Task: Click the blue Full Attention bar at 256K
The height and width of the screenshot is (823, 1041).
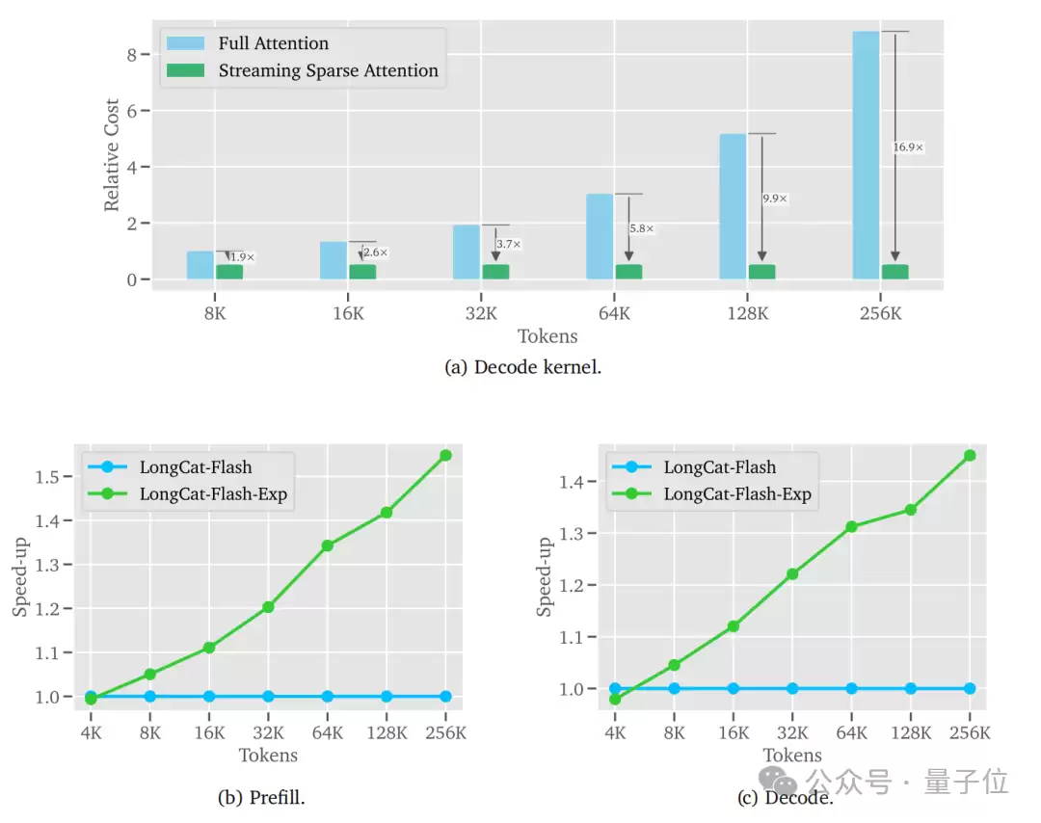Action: coord(866,155)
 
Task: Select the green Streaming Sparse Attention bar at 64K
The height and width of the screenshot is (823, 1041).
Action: coord(628,272)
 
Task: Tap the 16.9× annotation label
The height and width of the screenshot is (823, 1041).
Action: coord(908,147)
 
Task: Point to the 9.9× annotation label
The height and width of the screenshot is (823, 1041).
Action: coord(775,199)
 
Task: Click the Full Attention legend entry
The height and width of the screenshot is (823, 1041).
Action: coord(273,43)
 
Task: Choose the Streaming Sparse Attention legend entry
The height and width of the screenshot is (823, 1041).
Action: coord(328,70)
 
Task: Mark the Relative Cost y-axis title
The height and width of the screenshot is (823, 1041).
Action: coord(113,155)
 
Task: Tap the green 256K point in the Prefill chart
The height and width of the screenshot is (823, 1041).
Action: coord(445,456)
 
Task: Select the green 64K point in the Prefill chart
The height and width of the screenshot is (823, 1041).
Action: coord(327,545)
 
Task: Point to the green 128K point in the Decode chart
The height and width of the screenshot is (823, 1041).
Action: coord(910,510)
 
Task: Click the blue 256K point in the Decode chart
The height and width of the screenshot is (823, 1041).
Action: coord(970,688)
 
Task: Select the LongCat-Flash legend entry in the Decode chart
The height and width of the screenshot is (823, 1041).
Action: coord(719,467)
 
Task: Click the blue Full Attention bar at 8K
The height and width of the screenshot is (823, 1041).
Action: coord(200,265)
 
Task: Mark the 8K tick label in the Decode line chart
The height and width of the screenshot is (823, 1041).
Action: coord(674,733)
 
